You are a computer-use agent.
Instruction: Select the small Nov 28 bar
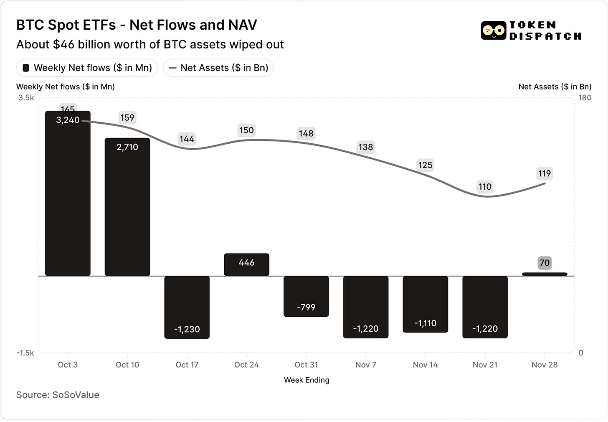point(545,274)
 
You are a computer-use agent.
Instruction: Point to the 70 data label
point(545,263)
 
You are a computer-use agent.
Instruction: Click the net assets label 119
point(545,173)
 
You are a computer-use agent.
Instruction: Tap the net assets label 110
point(485,187)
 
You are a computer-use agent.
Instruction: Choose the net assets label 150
point(246,130)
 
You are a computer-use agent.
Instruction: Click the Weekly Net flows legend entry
point(87,68)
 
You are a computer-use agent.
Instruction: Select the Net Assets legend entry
point(218,68)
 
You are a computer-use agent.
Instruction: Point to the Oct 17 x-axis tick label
point(187,365)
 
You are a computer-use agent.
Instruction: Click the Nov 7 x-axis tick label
point(366,365)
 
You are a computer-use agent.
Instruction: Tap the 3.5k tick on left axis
point(26,98)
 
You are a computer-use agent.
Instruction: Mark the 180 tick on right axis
point(585,98)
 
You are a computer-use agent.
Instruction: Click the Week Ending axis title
point(307,380)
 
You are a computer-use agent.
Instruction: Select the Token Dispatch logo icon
point(494,31)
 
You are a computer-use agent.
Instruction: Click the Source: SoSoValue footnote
point(58,395)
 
